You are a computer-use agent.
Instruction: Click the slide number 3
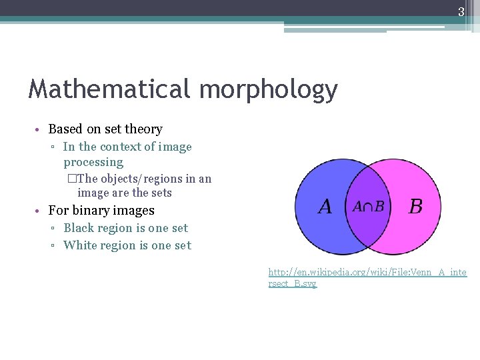click(x=461, y=11)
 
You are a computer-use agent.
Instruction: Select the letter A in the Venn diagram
click(x=325, y=207)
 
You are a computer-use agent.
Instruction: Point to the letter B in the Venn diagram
click(x=415, y=207)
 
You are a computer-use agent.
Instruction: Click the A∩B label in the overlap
click(x=368, y=207)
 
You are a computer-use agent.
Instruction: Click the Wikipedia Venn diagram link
click(x=367, y=277)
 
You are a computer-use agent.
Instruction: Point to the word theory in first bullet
click(x=145, y=129)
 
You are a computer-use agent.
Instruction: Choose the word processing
click(x=93, y=163)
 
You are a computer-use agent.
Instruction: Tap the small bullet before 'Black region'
click(x=53, y=229)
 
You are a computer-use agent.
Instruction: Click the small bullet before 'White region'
click(x=53, y=246)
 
